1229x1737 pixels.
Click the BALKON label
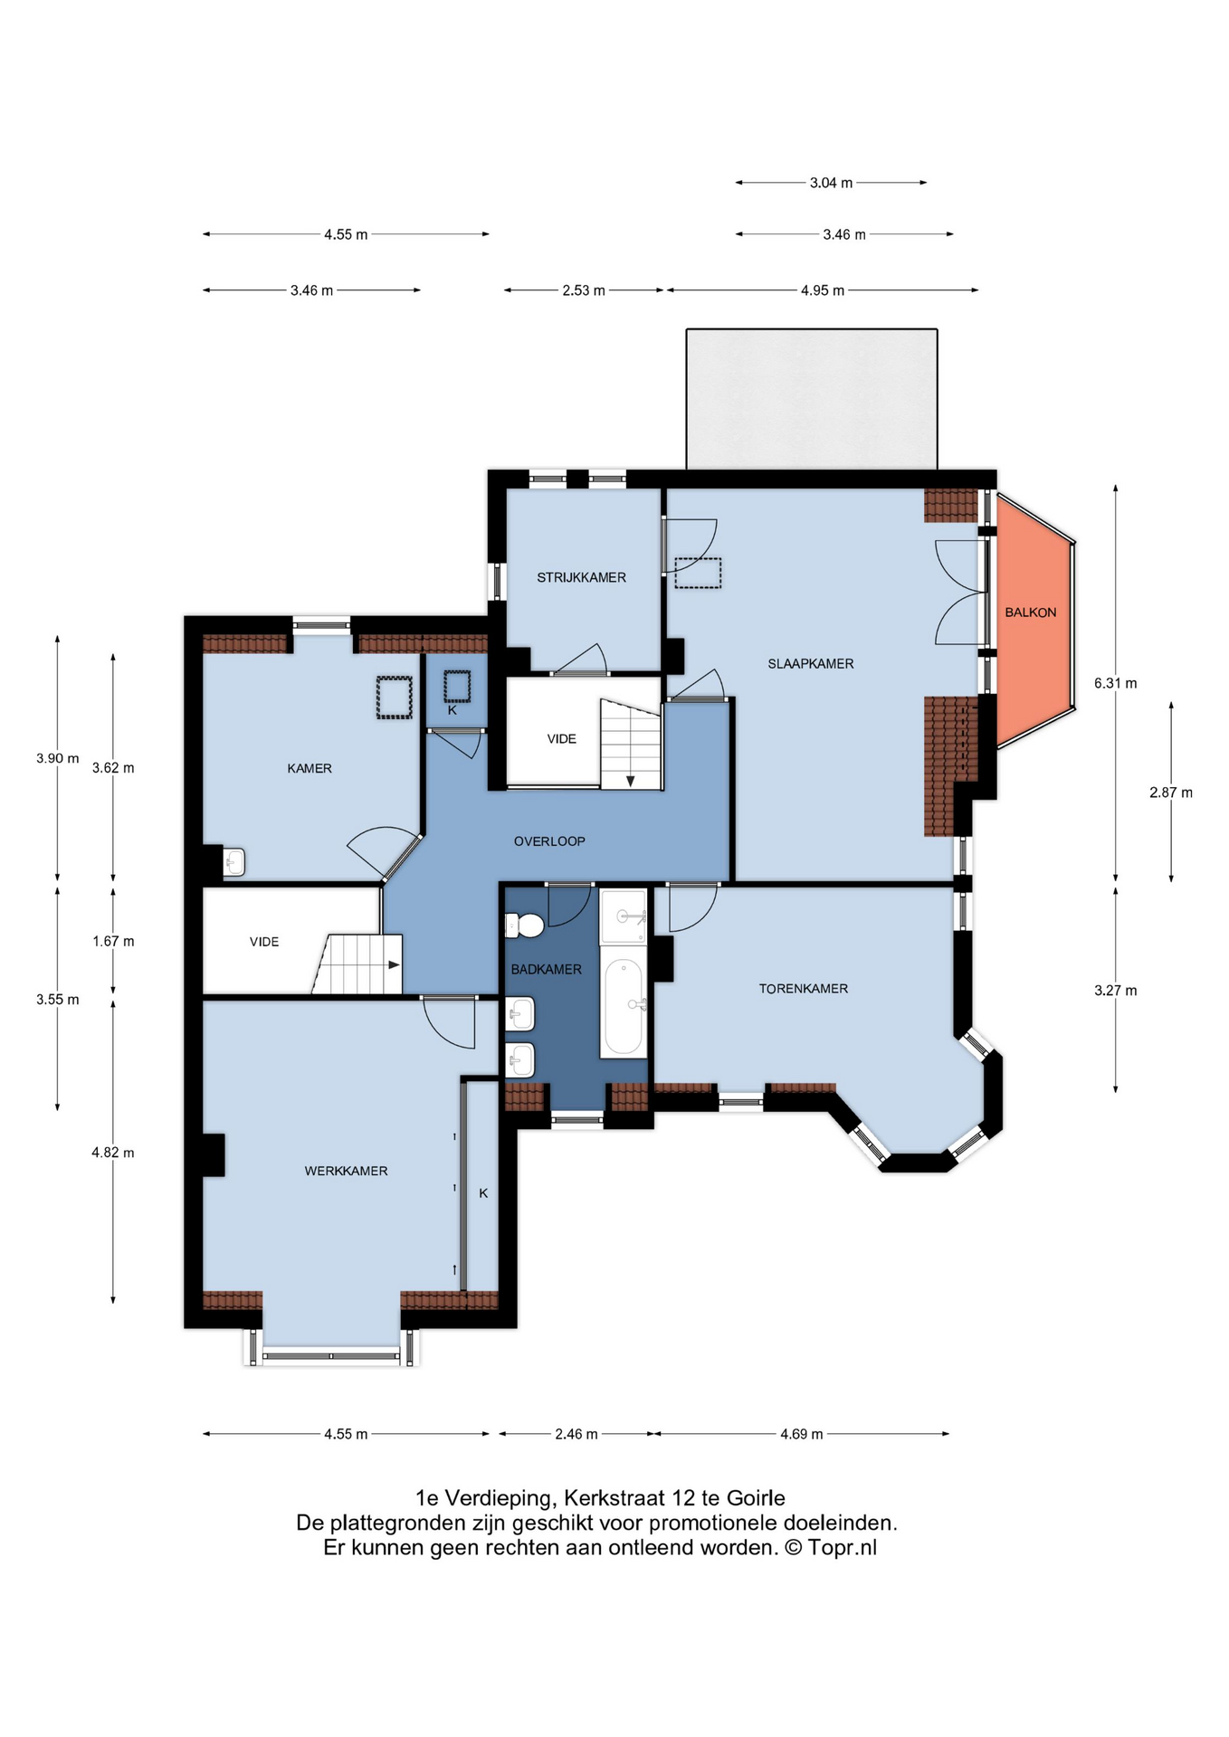click(1030, 612)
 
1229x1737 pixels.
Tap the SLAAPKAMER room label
click(810, 664)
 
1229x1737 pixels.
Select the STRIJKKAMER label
click(581, 577)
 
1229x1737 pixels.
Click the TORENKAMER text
click(803, 989)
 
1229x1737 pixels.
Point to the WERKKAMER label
click(346, 1171)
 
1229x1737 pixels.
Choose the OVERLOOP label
click(549, 841)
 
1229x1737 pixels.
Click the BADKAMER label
click(546, 970)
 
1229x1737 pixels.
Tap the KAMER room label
click(310, 768)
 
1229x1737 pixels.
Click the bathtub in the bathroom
click(623, 1007)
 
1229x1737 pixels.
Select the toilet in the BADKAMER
click(524, 925)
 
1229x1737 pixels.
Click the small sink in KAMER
click(233, 861)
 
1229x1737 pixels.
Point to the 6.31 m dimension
click(1115, 684)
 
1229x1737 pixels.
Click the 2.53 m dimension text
click(584, 290)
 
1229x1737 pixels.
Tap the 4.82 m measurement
click(113, 1153)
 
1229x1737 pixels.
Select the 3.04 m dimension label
click(831, 183)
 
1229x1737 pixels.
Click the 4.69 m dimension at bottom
click(802, 1434)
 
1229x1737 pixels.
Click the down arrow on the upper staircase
click(631, 780)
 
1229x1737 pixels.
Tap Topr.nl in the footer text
click(843, 1548)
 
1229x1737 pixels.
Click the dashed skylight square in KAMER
click(394, 698)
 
